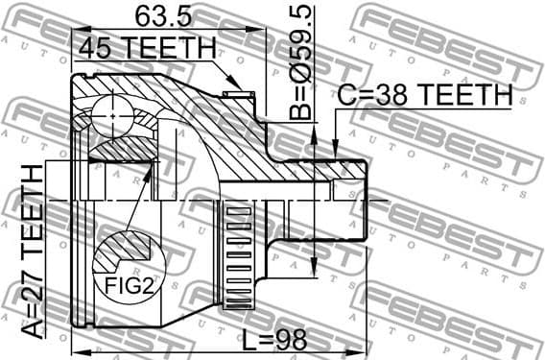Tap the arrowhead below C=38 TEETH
pos(335,149)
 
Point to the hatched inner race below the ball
pos(120,149)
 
